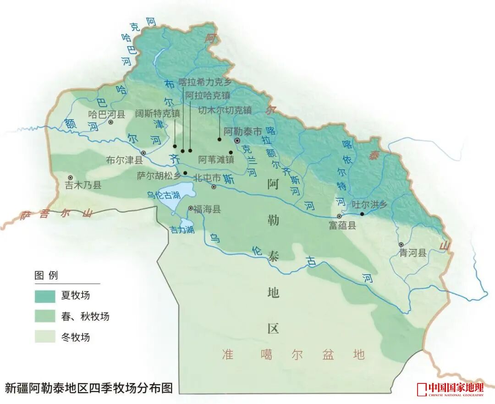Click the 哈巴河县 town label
pyautogui.click(x=106, y=115)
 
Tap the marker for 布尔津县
pyautogui.click(x=143, y=153)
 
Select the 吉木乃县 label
pyautogui.click(x=82, y=185)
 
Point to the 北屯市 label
pyautogui.click(x=207, y=178)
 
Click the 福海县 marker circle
pyautogui.click(x=191, y=208)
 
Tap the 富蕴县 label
pyautogui.click(x=342, y=225)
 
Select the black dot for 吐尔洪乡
pyautogui.click(x=362, y=213)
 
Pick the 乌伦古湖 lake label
pyautogui.click(x=163, y=195)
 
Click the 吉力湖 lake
pyautogui.click(x=187, y=225)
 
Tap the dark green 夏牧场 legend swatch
pyautogui.click(x=45, y=296)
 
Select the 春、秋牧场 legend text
pyautogui.click(x=85, y=317)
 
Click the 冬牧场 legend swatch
pyautogui.click(x=45, y=337)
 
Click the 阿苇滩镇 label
pyautogui.click(x=216, y=160)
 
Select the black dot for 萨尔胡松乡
pyautogui.click(x=185, y=173)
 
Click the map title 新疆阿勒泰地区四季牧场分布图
pyautogui.click(x=89, y=388)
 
